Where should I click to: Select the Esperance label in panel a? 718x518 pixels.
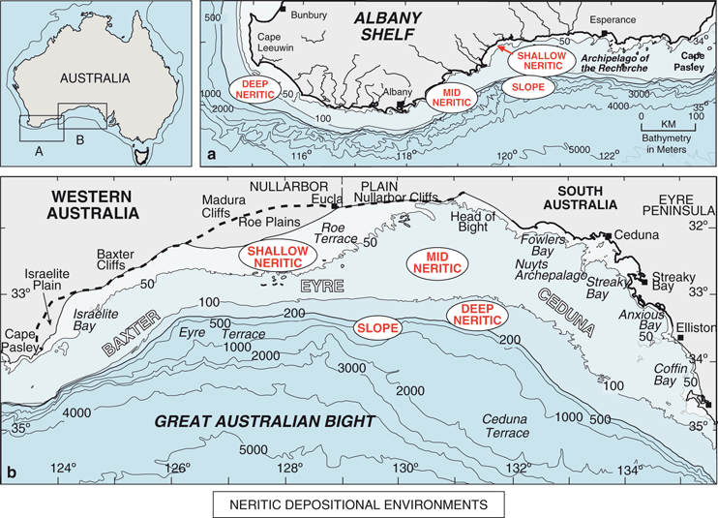[613, 18]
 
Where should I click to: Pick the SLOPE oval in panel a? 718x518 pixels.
[528, 87]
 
